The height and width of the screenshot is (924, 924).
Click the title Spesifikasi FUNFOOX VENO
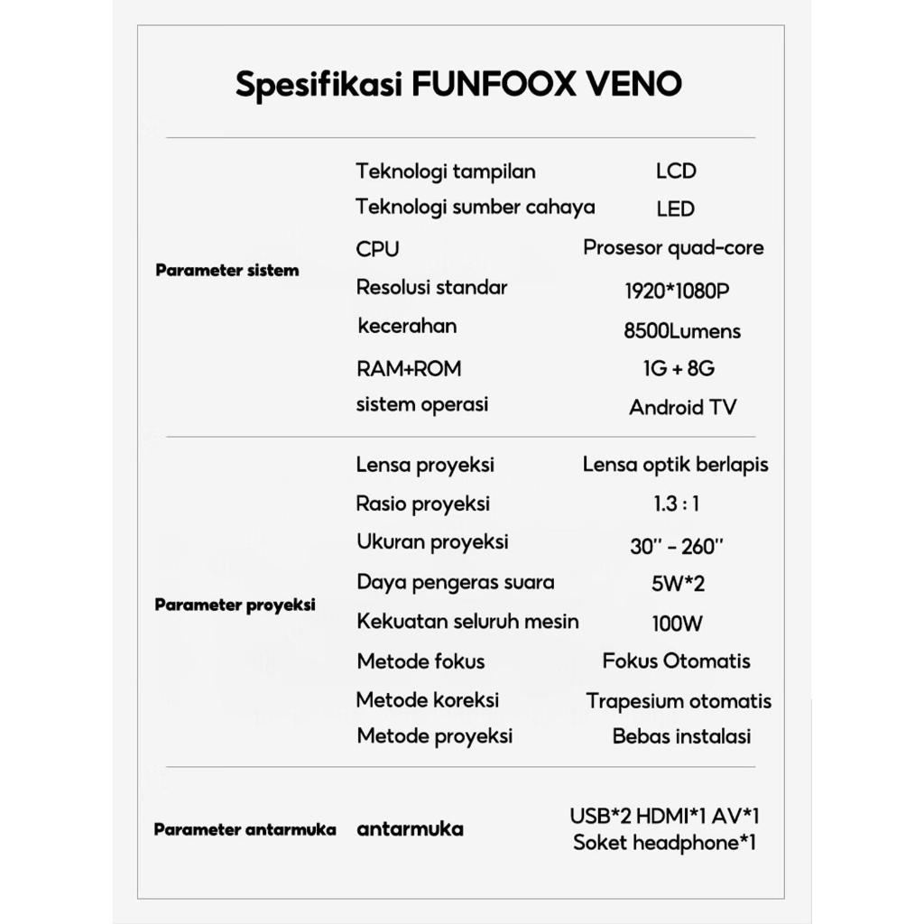(458, 84)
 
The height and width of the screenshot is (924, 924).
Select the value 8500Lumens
(681, 331)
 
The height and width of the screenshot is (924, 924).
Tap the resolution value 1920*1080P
(676, 291)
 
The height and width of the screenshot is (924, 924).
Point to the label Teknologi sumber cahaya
(475, 207)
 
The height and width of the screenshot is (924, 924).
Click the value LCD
(676, 171)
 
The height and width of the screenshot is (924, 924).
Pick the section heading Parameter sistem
(226, 270)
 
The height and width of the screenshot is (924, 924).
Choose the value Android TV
(682, 407)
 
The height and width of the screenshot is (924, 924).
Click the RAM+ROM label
(408, 368)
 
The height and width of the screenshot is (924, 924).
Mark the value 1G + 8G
(674, 368)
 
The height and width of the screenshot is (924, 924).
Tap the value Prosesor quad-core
(673, 247)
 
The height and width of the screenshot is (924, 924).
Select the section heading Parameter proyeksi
(235, 605)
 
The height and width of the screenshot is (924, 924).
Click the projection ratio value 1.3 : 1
(676, 504)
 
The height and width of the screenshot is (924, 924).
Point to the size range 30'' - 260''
(676, 546)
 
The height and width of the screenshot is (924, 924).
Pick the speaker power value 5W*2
(678, 583)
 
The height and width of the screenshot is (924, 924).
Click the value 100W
(677, 623)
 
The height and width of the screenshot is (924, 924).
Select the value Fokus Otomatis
(676, 661)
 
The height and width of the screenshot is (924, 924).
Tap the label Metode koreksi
(427, 699)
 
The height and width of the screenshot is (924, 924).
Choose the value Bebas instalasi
(681, 735)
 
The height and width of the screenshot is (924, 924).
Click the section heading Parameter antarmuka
(245, 829)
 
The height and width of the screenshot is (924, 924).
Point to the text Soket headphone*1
(664, 843)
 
